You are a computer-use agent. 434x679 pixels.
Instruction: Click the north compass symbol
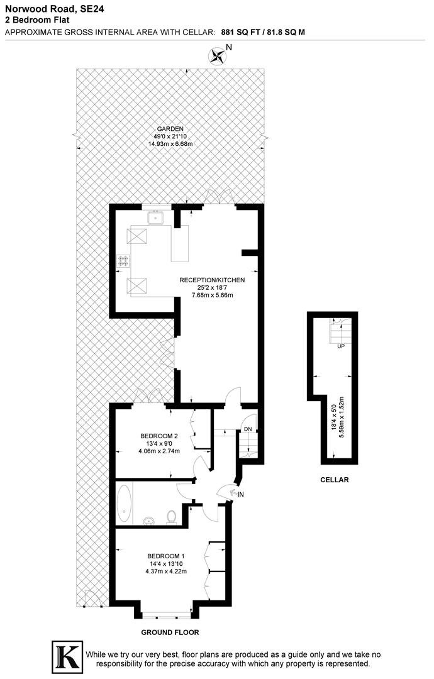[x=218, y=56]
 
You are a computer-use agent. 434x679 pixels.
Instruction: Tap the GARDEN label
[x=170, y=129]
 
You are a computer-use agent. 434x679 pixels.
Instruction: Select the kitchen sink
[x=155, y=219]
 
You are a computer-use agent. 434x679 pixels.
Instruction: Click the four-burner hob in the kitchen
[x=123, y=261]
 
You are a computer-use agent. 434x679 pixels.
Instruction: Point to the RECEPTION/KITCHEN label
[x=212, y=280]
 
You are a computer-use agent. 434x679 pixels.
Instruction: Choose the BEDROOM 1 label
[x=166, y=556]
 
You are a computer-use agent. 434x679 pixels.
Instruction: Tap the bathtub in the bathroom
[x=124, y=503]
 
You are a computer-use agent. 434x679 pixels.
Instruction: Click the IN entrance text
[x=240, y=495]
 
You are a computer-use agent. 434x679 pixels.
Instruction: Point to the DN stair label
[x=248, y=429]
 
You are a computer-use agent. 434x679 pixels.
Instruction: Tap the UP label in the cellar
[x=341, y=346]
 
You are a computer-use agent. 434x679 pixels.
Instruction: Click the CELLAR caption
[x=334, y=480]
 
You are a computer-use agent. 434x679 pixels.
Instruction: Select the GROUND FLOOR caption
[x=170, y=632]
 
